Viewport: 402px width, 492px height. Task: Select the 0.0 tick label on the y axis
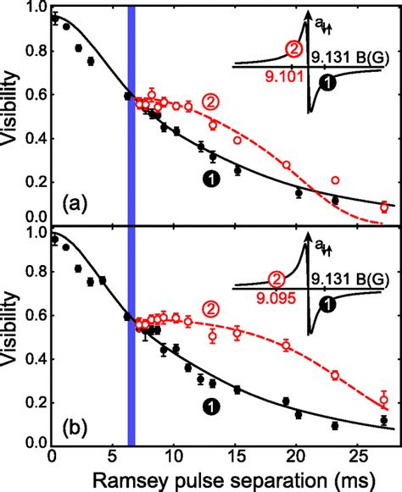(x=35, y=443)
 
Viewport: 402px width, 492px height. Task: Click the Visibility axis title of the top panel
(x=10, y=119)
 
